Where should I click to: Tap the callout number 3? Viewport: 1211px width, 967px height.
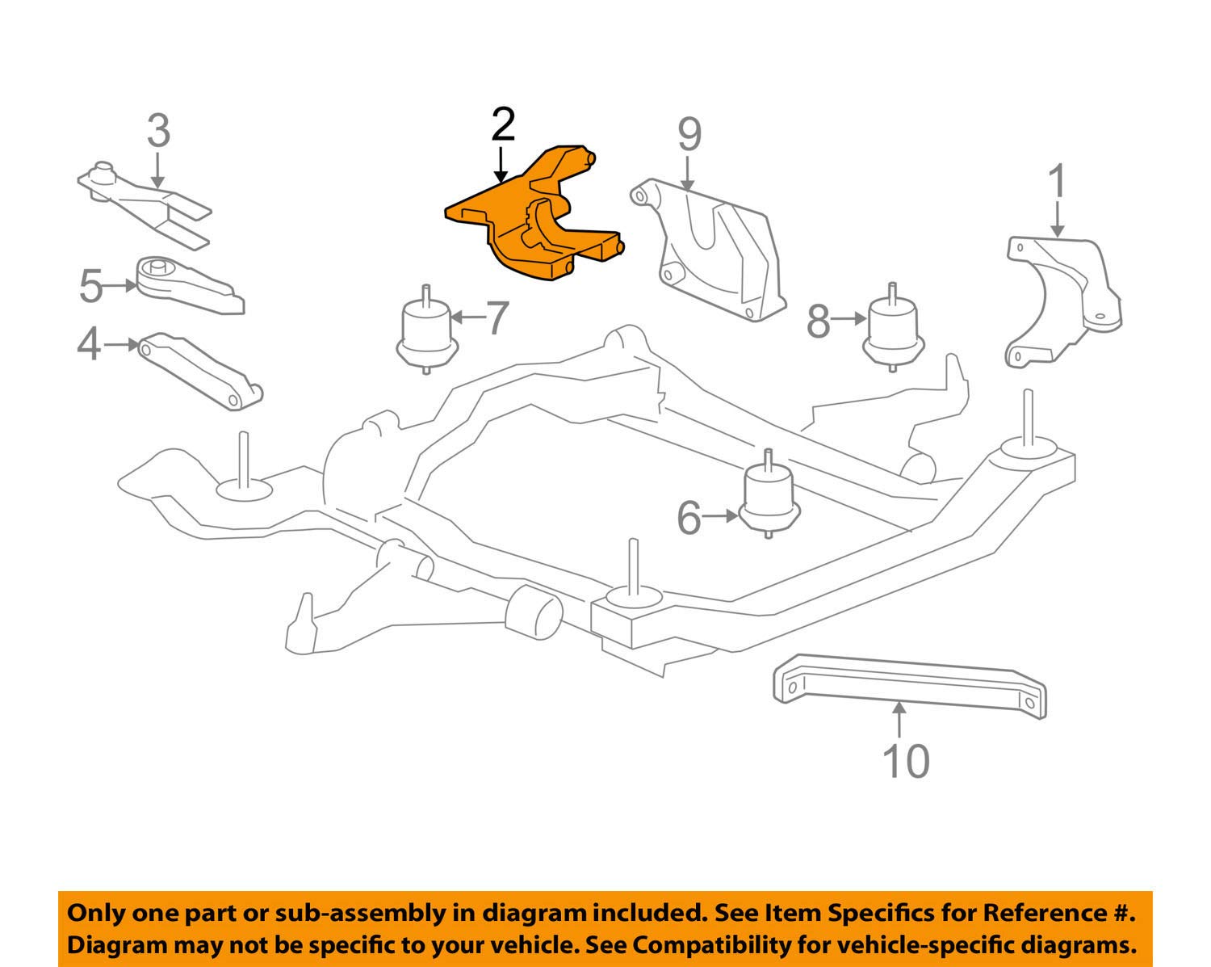tap(158, 131)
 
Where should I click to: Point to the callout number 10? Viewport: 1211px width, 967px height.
tap(906, 761)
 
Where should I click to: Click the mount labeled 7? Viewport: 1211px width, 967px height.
tap(426, 333)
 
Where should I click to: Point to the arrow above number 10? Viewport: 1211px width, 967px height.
tap(899, 718)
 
